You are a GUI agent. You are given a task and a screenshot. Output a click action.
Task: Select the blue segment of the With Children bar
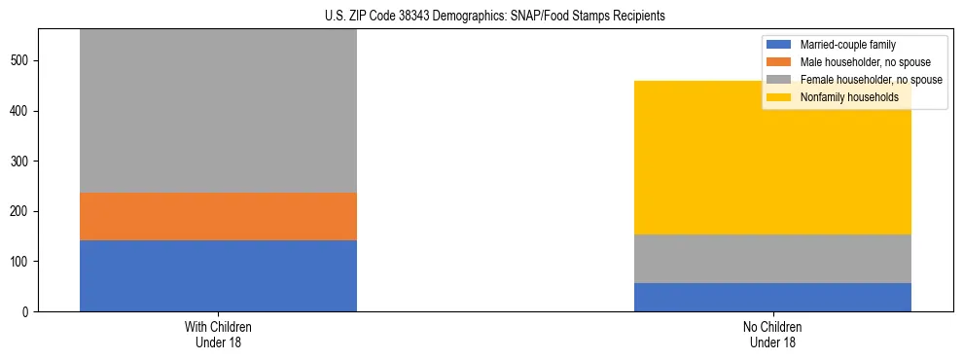point(218,275)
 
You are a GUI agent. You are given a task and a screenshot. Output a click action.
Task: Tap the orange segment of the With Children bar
point(218,216)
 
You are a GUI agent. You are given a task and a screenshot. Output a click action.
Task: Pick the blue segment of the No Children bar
point(772,297)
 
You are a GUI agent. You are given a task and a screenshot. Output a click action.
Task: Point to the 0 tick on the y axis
point(27,312)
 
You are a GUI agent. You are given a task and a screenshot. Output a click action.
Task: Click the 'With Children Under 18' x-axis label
point(218,335)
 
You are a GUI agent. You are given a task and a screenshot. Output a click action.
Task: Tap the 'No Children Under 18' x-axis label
point(772,335)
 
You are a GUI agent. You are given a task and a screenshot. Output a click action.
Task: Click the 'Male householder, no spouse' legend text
point(863,62)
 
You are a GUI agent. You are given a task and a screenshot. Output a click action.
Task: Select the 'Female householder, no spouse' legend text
point(870,80)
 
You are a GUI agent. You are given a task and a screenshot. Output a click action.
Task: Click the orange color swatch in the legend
point(779,62)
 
